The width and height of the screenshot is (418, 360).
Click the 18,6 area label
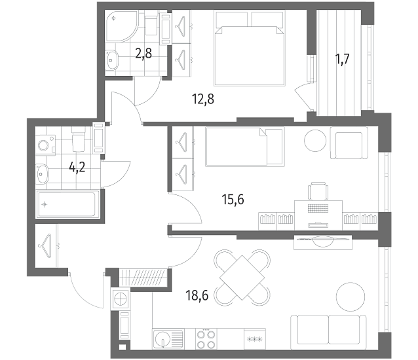pyautogui.click(x=197, y=295)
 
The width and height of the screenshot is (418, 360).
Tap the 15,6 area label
pyautogui.click(x=233, y=199)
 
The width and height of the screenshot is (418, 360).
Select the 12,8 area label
pyautogui.click(x=203, y=99)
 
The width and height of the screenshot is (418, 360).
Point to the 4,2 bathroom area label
pyautogui.click(x=77, y=167)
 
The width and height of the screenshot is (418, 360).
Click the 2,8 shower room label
pyautogui.click(x=143, y=53)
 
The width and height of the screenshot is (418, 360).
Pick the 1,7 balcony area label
pyautogui.click(x=342, y=59)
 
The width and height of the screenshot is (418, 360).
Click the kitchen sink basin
pyautogui.click(x=162, y=339)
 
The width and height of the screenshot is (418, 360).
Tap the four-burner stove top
pyautogui.click(x=206, y=339)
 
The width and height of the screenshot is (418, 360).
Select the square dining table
pyautogui.click(x=242, y=278)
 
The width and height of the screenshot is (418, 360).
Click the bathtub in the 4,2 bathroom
pyautogui.click(x=67, y=204)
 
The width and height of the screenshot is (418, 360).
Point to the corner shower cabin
pyautogui.click(x=122, y=26)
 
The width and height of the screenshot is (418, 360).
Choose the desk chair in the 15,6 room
pyautogui.click(x=318, y=191)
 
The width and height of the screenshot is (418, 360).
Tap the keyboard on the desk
pyautogui.click(x=318, y=208)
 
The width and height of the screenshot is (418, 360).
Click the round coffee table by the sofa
pyautogui.click(x=351, y=297)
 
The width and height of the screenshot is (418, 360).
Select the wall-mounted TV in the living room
pyautogui.click(x=323, y=241)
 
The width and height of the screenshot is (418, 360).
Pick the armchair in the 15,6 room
pyautogui.click(x=349, y=143)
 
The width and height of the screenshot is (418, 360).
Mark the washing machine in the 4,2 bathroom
pyautogui.click(x=45, y=145)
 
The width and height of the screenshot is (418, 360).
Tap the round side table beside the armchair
pyautogui.click(x=315, y=141)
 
